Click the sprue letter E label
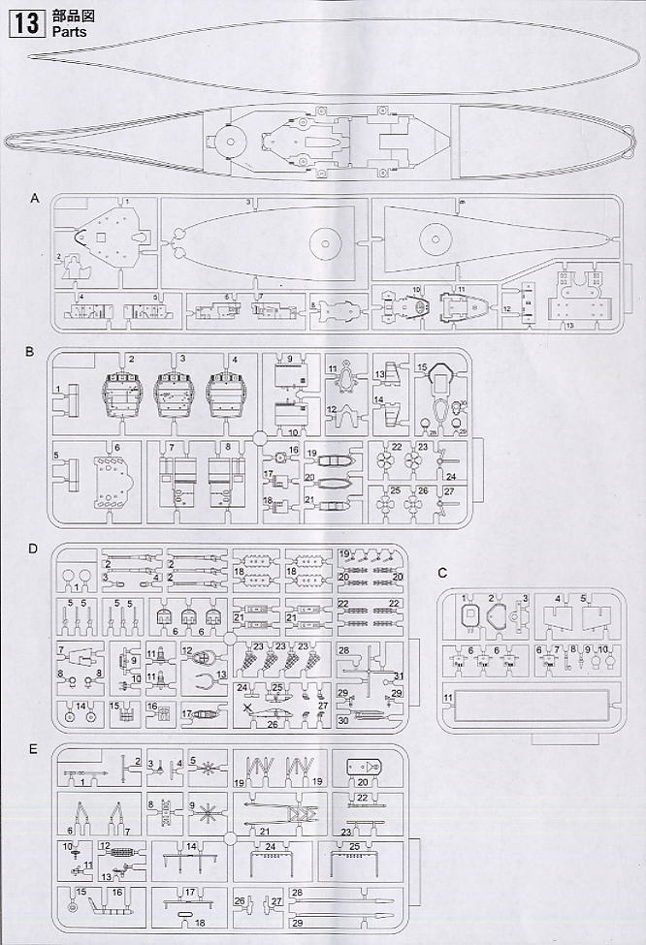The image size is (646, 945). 34,750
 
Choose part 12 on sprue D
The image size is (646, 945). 200,657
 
